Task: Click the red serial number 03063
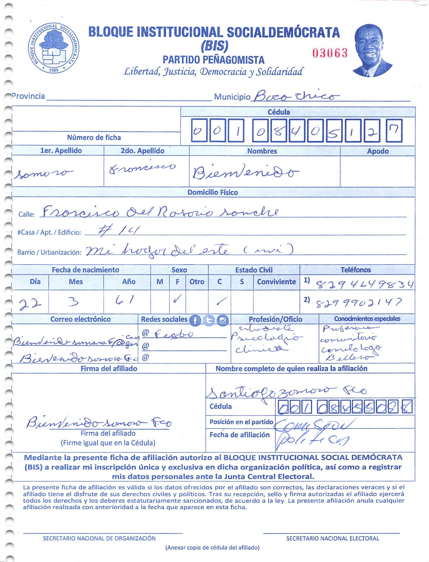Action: point(330,53)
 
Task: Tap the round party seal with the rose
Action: point(53,48)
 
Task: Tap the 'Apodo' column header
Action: point(378,151)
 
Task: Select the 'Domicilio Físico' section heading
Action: point(213,192)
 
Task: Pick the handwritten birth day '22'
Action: point(30,304)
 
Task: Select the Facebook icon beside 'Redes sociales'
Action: point(195,320)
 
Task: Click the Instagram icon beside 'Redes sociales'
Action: point(223,320)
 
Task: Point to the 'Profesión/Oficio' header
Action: point(275,319)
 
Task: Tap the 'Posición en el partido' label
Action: point(241,422)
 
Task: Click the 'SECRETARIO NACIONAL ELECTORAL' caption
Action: point(332,538)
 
